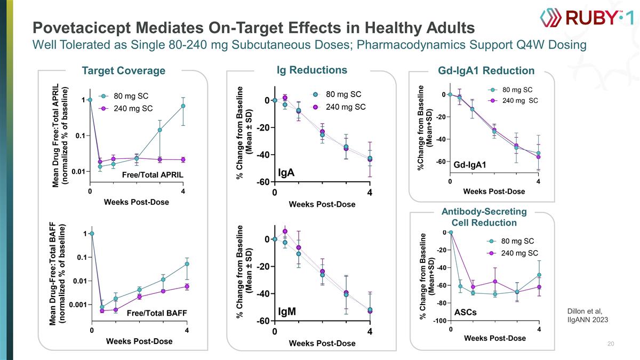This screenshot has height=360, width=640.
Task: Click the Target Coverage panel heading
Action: click(123, 71)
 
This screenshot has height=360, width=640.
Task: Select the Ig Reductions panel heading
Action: click(312, 70)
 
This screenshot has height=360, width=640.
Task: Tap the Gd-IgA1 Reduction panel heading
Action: click(486, 71)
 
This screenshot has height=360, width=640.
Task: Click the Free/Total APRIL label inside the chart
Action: click(153, 175)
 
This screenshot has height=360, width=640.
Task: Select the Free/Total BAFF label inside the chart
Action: click(156, 313)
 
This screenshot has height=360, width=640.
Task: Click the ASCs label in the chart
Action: click(465, 311)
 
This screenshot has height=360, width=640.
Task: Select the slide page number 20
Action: click(611, 344)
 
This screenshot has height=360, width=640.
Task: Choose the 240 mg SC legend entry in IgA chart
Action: click(345, 107)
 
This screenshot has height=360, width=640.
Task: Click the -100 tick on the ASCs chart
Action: click(440, 321)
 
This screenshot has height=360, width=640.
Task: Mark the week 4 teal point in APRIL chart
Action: click(183, 106)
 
